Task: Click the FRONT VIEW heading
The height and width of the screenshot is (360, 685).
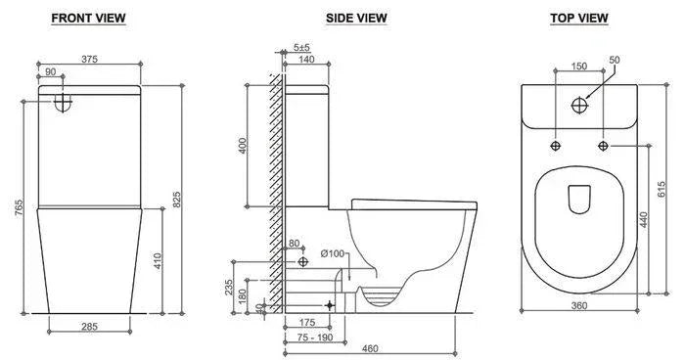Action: click(x=88, y=19)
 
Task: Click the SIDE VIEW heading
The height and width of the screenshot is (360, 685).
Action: click(x=356, y=19)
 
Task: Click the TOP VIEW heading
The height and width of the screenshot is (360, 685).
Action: click(x=579, y=19)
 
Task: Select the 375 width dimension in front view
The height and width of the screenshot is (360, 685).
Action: click(x=89, y=59)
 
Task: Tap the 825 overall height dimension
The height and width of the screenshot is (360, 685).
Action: click(x=176, y=200)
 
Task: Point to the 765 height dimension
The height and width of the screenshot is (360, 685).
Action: click(x=19, y=207)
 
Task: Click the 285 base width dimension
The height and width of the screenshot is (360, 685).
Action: click(x=89, y=327)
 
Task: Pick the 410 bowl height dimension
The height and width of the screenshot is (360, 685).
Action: click(x=158, y=261)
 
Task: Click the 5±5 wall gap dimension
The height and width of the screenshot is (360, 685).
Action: click(x=301, y=47)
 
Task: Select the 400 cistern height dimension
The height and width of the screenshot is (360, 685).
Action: click(x=243, y=146)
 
